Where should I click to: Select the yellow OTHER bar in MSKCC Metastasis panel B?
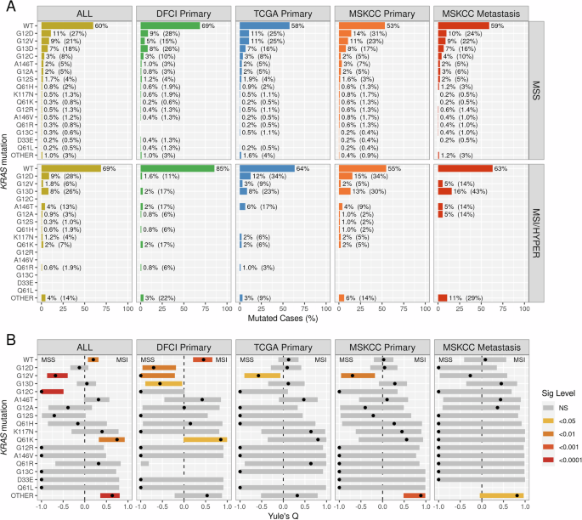[x=501, y=495]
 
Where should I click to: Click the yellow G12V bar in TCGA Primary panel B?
[x=262, y=375]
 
